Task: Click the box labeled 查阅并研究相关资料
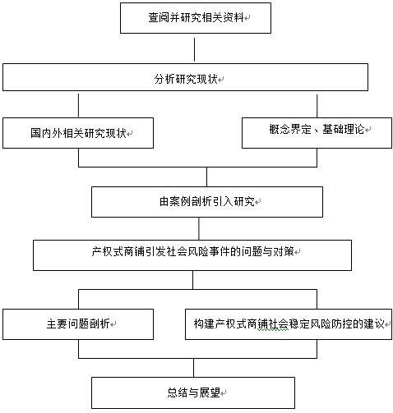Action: point(196,18)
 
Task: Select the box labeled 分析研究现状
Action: point(185,77)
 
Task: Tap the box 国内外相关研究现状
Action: point(78,133)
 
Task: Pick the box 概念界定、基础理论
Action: point(317,133)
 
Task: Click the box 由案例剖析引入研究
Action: point(207,202)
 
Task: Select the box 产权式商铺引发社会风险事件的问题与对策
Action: point(192,255)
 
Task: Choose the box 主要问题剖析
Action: point(78,324)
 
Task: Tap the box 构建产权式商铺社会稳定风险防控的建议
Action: point(289,324)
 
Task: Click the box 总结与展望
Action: point(193,392)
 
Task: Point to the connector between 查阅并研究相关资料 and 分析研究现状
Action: point(195,49)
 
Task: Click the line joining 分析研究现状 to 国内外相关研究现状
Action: point(78,105)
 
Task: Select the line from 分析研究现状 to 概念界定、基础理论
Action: point(317,106)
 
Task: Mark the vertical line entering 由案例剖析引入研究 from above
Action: point(206,177)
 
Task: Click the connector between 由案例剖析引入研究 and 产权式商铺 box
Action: point(199,229)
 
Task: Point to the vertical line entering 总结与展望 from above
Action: point(194,368)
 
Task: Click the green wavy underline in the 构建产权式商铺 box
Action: point(273,330)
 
